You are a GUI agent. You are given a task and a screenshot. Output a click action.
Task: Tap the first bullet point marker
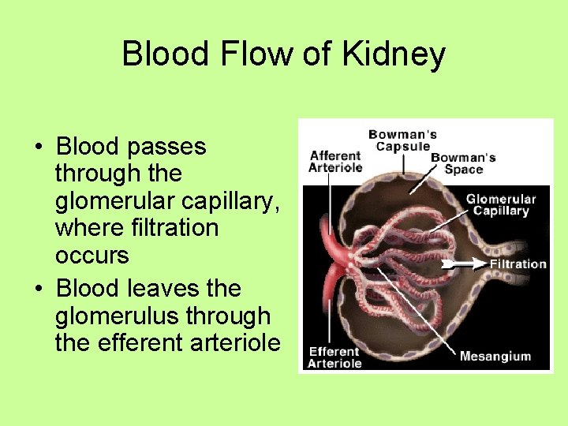38,148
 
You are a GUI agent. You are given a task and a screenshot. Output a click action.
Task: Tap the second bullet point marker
38,290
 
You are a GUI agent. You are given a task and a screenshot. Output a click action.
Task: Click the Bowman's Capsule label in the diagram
402,140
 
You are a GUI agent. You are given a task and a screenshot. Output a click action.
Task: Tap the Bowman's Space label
463,163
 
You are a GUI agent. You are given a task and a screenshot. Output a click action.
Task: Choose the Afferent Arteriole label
336,161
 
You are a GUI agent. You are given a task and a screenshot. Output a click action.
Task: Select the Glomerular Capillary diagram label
500,205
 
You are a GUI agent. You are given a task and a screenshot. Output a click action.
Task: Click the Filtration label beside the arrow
518,263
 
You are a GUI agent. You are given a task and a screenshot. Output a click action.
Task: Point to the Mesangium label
495,356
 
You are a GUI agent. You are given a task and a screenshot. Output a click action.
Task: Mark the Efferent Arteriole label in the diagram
334,357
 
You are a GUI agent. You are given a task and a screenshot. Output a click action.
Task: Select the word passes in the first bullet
170,147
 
